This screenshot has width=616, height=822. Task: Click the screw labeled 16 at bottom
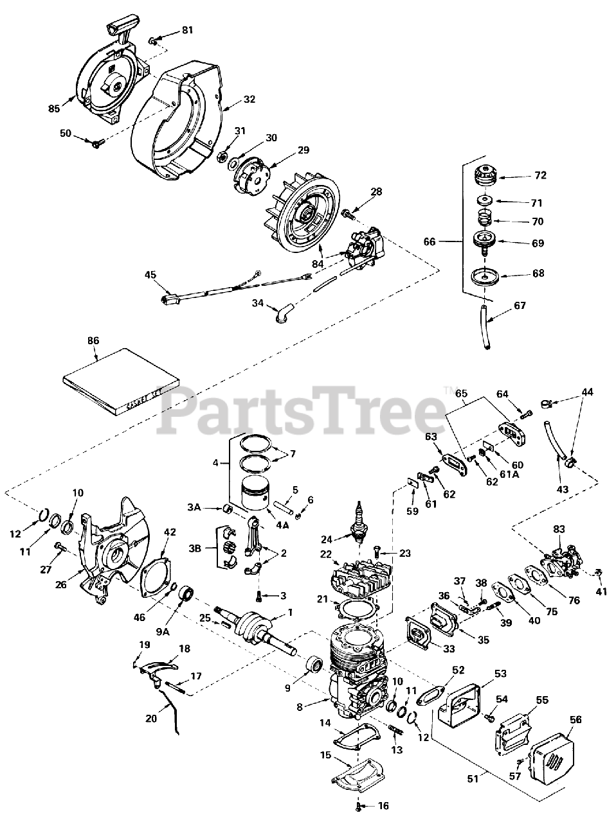pyautogui.click(x=358, y=805)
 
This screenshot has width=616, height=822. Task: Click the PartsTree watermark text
pyautogui.click(x=302, y=411)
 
